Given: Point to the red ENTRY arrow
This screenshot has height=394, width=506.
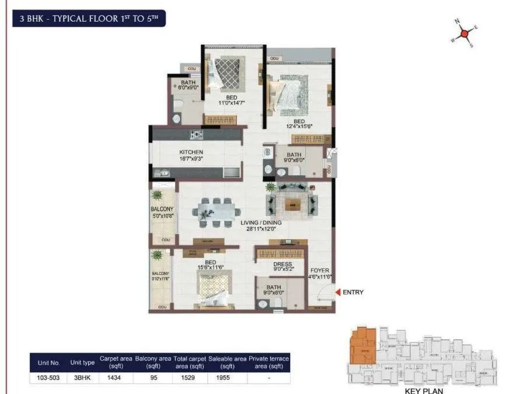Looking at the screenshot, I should pyautogui.click(x=337, y=292).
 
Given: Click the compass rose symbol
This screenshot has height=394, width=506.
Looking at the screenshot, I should pyautogui.click(x=464, y=33).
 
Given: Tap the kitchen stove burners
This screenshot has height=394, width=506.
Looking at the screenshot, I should pyautogui.click(x=197, y=135).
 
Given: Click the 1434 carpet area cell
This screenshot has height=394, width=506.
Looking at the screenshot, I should pyautogui.click(x=115, y=378).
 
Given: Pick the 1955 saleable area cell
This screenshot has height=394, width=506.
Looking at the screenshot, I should pyautogui.click(x=228, y=378).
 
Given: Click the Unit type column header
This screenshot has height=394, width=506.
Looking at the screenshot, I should pyautogui.click(x=82, y=362).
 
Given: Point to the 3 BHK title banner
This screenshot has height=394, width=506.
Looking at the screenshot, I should pyautogui.click(x=90, y=19).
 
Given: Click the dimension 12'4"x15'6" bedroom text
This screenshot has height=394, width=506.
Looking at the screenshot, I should pyautogui.click(x=299, y=125).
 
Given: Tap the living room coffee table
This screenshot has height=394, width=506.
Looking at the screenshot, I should pyautogui.click(x=292, y=204).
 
